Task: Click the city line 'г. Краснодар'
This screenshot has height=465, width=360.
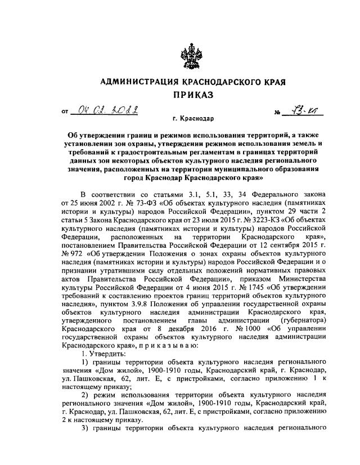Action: tap(193, 119)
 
